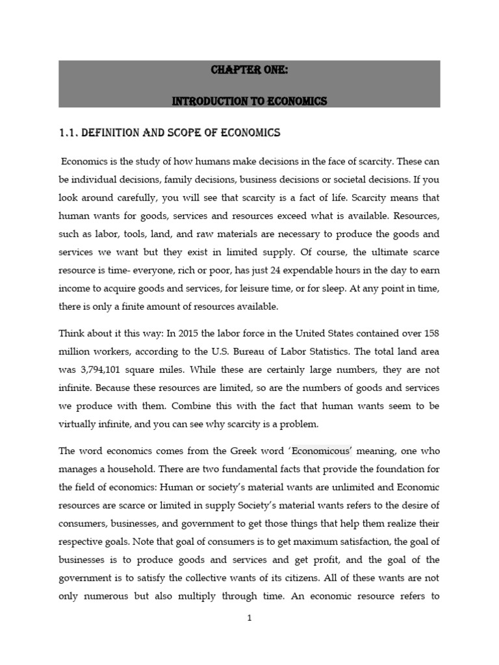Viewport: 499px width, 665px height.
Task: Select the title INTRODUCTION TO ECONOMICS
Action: tap(249, 101)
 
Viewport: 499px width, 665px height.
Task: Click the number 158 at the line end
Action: tap(431, 334)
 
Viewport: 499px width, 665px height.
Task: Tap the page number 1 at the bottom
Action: tap(249, 618)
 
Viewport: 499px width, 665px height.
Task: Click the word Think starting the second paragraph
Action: tap(72, 334)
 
